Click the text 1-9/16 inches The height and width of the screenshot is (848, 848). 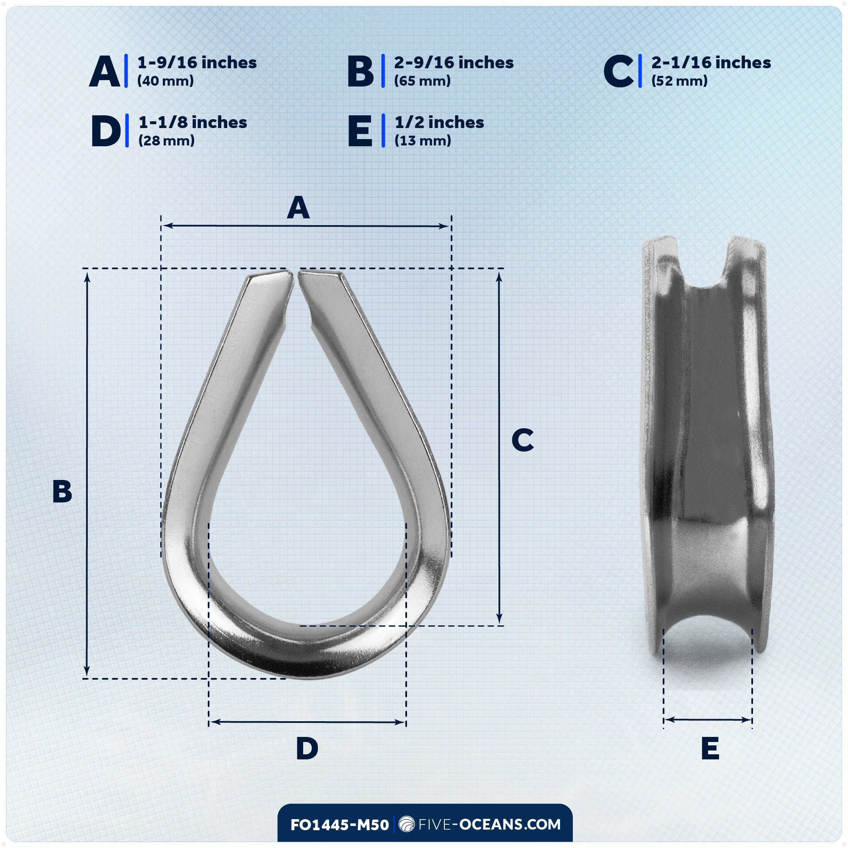(x=197, y=63)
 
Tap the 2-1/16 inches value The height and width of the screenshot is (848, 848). (x=711, y=63)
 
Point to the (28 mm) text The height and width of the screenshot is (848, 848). (x=166, y=141)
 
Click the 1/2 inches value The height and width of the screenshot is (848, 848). (x=439, y=123)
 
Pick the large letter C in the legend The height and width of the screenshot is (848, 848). (x=618, y=71)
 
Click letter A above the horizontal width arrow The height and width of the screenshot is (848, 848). (x=298, y=208)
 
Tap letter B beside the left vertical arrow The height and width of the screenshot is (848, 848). (x=62, y=491)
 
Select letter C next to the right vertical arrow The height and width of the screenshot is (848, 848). (x=522, y=440)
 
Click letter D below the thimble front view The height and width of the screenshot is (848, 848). (x=307, y=748)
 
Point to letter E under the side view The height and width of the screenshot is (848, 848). (x=710, y=748)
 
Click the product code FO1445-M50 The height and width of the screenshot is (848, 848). (x=339, y=825)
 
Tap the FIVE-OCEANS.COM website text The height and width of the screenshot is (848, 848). (x=489, y=824)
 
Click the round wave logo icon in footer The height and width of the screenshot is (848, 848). (x=407, y=824)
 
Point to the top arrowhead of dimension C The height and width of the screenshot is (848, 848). (x=499, y=276)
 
